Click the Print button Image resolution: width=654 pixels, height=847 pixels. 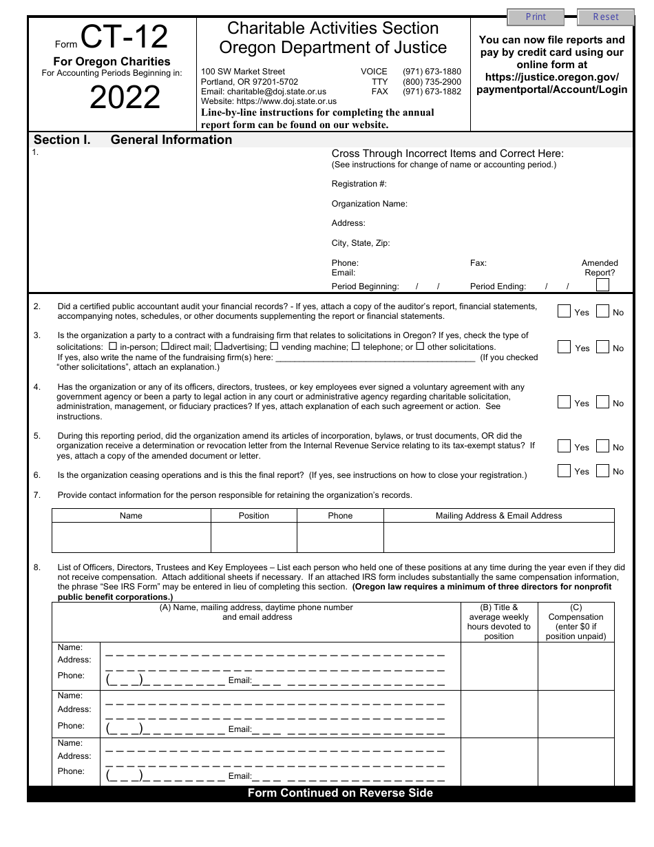click(x=536, y=17)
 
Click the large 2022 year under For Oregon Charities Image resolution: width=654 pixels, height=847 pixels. click(x=125, y=98)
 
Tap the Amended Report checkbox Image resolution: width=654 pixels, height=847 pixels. click(x=602, y=284)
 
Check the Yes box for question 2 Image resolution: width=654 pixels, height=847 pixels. click(x=564, y=311)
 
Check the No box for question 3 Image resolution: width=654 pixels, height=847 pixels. click(x=602, y=347)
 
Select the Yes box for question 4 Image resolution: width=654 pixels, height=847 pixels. click(x=564, y=402)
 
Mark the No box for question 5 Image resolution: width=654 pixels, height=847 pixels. click(x=602, y=446)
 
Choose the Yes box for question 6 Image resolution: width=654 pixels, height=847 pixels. click(x=564, y=471)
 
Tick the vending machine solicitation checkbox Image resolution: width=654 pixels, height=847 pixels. click(x=274, y=346)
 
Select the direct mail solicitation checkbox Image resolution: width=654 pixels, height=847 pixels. click(x=165, y=346)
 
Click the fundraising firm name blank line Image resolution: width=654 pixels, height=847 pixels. click(x=375, y=357)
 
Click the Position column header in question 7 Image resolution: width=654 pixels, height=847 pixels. click(x=253, y=516)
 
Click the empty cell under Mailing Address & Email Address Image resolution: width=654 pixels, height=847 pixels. click(x=498, y=537)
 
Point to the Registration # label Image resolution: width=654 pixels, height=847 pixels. click(x=359, y=184)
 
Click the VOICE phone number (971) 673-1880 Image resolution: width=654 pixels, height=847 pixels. click(x=432, y=72)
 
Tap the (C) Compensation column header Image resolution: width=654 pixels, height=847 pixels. click(x=576, y=622)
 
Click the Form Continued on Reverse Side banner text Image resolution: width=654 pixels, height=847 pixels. click(x=340, y=793)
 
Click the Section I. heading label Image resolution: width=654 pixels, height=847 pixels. click(x=62, y=140)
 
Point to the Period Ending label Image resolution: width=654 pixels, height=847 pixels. click(x=498, y=286)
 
